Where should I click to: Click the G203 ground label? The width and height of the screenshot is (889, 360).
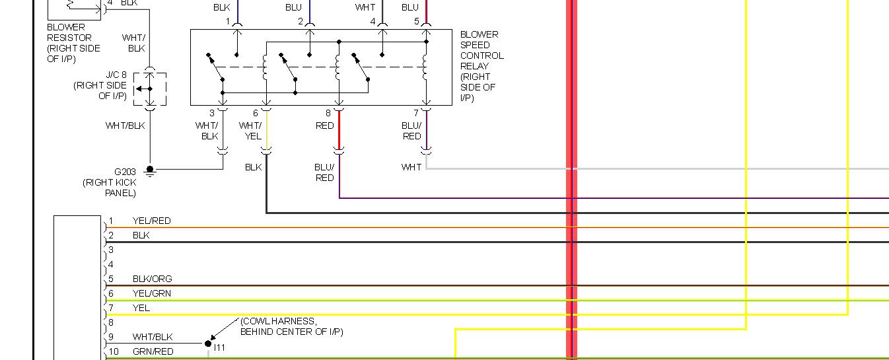tap(125, 172)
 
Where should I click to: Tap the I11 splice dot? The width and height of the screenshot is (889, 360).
tap(208, 343)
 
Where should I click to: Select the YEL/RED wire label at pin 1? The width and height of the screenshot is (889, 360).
tap(151, 221)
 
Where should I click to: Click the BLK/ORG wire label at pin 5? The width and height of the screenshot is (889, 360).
tap(152, 279)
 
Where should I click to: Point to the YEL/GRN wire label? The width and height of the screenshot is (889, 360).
tap(151, 293)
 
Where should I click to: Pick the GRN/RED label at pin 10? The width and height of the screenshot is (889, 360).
tap(153, 351)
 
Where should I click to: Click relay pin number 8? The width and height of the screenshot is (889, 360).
tap(328, 114)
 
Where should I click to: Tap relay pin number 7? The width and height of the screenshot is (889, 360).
tap(416, 114)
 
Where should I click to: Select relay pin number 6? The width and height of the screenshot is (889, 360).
tap(256, 114)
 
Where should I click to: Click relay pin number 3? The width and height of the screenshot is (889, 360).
tap(212, 114)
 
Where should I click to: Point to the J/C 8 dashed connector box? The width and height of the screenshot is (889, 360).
tap(150, 89)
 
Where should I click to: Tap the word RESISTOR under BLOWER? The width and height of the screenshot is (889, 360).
tap(69, 38)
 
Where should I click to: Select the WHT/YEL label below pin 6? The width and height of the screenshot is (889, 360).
tap(250, 131)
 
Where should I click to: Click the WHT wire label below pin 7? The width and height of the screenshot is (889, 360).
tap(411, 167)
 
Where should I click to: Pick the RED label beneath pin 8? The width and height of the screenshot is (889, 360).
tap(325, 126)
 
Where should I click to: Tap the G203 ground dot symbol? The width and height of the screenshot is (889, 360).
tap(150, 169)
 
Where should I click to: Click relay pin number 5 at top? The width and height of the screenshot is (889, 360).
tap(417, 22)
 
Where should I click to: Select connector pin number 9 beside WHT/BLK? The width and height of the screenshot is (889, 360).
tap(112, 337)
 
